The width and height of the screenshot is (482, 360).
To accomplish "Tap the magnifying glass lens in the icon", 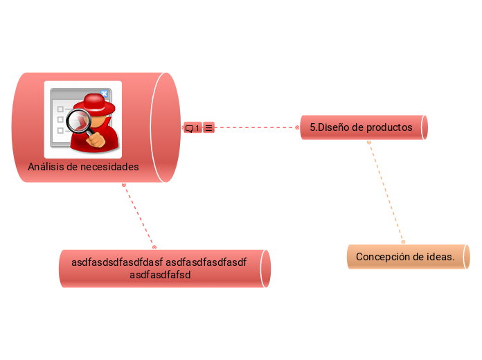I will (x=84, y=123).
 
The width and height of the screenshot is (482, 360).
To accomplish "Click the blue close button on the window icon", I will (x=104, y=93).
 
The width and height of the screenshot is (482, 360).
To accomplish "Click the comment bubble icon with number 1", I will (x=192, y=128).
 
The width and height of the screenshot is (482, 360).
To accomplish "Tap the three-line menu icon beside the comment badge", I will (x=208, y=128).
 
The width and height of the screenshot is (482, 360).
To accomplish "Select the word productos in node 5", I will (x=389, y=127).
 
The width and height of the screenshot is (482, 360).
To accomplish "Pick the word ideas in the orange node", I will (x=440, y=257).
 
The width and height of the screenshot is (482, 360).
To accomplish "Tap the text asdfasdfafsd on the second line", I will (x=160, y=275).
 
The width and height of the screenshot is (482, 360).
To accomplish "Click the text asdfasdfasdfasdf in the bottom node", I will (x=206, y=262).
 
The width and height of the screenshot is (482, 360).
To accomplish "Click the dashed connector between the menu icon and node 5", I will (x=256, y=127).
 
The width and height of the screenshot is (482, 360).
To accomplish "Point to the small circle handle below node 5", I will (x=369, y=143).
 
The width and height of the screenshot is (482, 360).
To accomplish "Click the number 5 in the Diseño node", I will (x=312, y=127).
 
